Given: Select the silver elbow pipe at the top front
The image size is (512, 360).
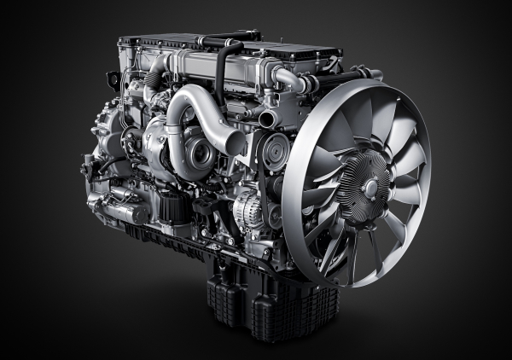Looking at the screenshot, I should [x=290, y=79].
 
